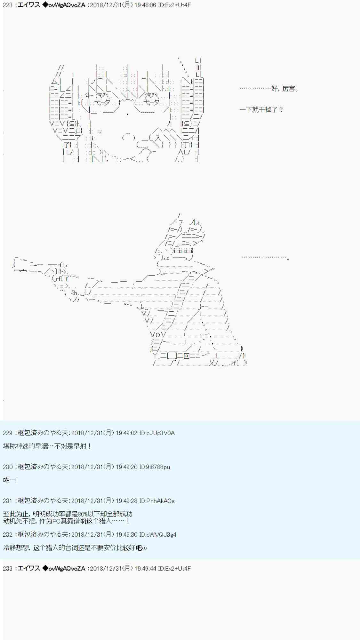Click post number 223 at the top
tap(7, 5)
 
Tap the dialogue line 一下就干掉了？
tap(261, 110)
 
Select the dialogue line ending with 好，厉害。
tap(269, 89)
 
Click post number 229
tap(7, 433)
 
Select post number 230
tap(7, 467)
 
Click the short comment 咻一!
tap(10, 480)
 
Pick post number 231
tap(7, 501)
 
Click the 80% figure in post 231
tap(83, 514)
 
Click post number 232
tap(7, 534)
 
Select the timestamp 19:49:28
tap(126, 501)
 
